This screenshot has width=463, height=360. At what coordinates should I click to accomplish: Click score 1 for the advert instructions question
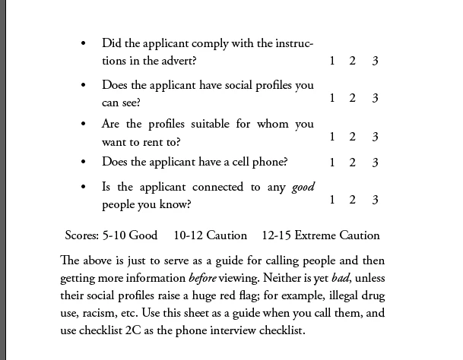tap(332, 62)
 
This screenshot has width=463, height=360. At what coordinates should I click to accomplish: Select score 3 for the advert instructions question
tap(375, 62)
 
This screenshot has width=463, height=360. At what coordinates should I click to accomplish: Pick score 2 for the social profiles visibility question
tap(353, 99)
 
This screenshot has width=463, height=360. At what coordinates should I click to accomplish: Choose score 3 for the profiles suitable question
tap(375, 137)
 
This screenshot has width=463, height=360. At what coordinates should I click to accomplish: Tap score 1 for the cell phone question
tap(332, 163)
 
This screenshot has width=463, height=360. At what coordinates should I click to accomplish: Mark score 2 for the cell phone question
tap(353, 163)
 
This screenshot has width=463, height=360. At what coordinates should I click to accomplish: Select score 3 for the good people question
tap(375, 201)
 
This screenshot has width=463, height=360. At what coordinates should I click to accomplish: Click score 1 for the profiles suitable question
tap(332, 137)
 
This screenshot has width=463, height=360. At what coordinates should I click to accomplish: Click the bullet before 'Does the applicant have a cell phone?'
tap(83, 162)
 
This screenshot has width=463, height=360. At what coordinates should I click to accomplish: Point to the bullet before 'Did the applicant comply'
tap(83, 44)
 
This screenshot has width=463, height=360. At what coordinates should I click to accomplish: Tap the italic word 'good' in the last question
tap(303, 187)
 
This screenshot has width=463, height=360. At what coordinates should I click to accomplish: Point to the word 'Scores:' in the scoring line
tap(84, 235)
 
